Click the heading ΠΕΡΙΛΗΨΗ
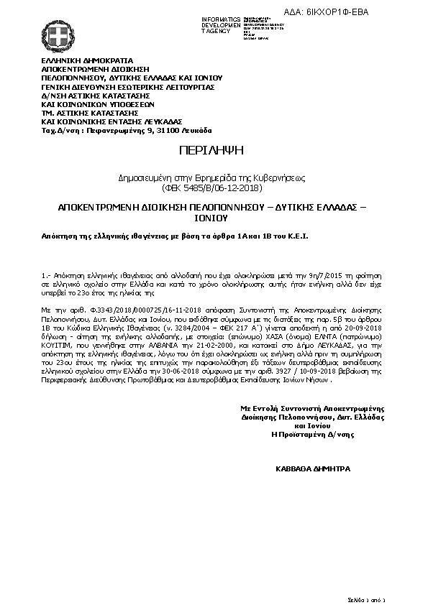[213, 150]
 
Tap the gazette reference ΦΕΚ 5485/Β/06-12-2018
[214, 188]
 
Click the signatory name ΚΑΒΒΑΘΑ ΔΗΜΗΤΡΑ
[313, 468]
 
